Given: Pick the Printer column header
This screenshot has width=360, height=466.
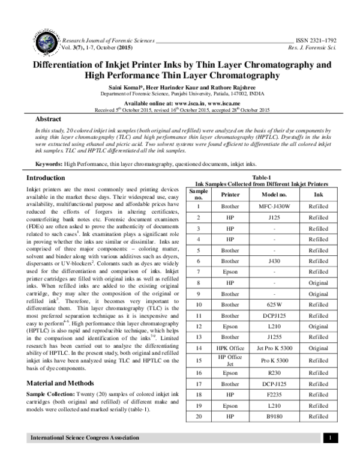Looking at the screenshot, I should (x=230, y=195).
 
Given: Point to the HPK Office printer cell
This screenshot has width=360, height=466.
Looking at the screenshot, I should (x=230, y=348).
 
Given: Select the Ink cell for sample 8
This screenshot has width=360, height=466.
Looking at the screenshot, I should (x=318, y=283).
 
